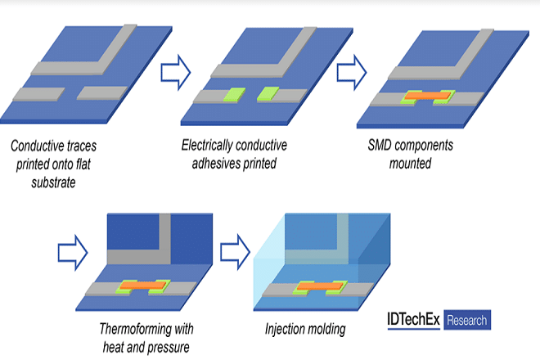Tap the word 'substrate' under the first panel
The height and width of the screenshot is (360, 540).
[x=53, y=182]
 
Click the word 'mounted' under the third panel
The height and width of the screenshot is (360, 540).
[x=410, y=164]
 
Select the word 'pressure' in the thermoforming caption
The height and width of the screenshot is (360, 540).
[x=169, y=348]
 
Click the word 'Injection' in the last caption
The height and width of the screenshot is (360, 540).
[x=283, y=330]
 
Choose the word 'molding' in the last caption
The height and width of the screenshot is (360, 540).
[x=326, y=330]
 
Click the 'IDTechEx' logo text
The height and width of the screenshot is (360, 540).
[x=414, y=320]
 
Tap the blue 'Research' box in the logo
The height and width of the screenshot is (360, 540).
[x=467, y=320]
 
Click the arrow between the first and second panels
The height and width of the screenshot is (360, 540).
[x=176, y=72]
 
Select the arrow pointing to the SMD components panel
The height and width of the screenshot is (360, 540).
[x=352, y=72]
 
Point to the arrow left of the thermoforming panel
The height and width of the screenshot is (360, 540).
[x=73, y=253]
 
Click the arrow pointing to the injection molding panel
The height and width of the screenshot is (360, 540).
[x=235, y=253]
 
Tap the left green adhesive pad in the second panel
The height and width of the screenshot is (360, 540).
[x=235, y=95]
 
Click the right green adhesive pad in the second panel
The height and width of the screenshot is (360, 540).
[x=268, y=94]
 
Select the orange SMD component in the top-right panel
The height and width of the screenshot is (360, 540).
[x=427, y=96]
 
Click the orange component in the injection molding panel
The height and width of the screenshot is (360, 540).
[x=320, y=286]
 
